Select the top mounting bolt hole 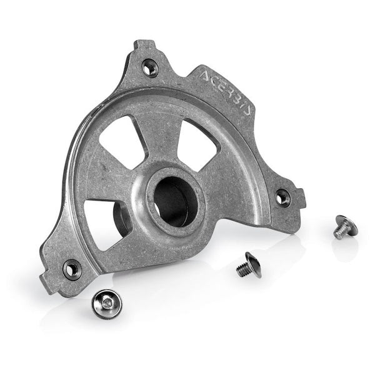pyautogui.click(x=150, y=67)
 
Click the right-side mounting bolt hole pyautogui.click(x=283, y=198)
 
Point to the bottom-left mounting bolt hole pyautogui.click(x=71, y=269)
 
